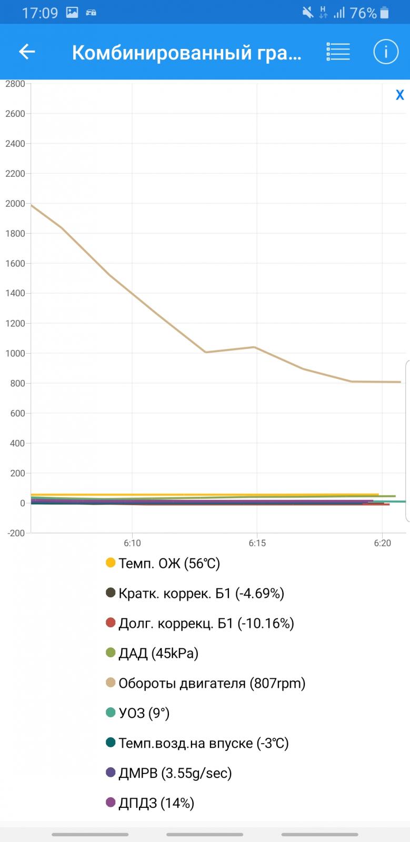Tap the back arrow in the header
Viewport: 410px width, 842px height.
pos(27,52)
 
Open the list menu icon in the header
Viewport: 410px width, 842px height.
pos(338,52)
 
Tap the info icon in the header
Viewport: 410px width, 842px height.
pos(386,52)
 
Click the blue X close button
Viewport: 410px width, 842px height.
pos(400,95)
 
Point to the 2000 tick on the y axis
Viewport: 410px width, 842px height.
pos(15,204)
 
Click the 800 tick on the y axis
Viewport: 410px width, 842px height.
pos(17,384)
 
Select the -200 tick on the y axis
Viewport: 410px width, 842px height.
pos(16,533)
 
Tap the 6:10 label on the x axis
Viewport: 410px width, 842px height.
pos(132,543)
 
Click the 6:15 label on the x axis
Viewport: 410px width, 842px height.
pos(257,543)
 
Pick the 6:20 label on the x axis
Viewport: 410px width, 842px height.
pos(383,543)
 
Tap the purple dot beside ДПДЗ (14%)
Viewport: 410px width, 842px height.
pos(111,803)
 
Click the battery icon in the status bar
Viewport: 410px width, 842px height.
pos(386,13)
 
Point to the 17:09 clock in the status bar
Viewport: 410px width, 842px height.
pos(40,13)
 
